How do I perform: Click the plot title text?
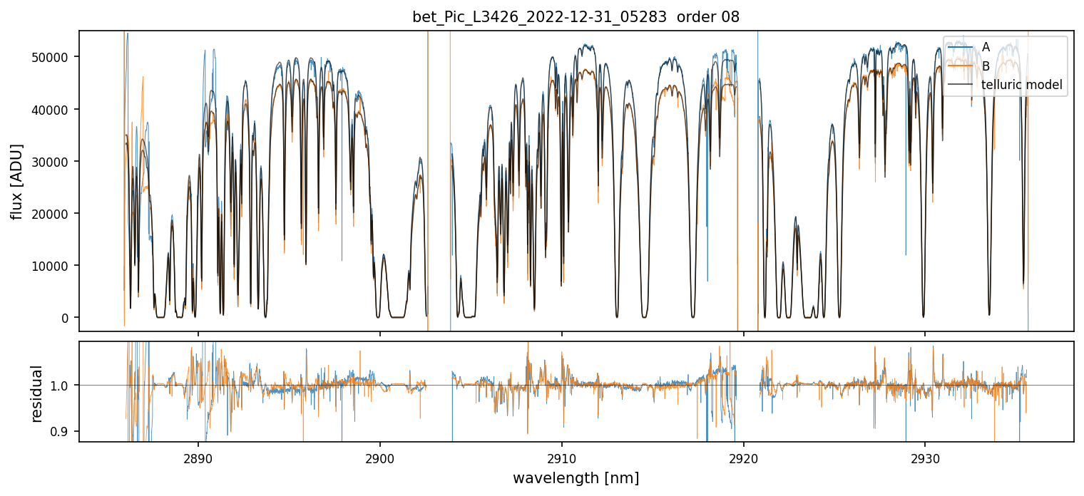click(576, 17)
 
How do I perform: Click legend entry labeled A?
click(986, 47)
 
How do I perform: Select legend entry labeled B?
click(986, 66)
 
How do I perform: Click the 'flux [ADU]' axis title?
click(16, 181)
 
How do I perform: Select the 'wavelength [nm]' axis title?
click(576, 477)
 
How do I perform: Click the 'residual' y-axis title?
click(37, 393)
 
